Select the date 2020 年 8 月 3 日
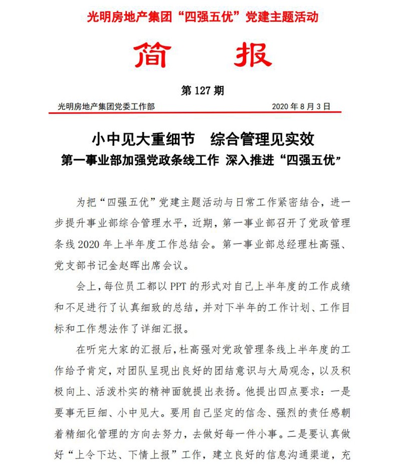pos(301,107)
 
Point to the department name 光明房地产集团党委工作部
pos(106,107)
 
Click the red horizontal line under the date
pos(200,113)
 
